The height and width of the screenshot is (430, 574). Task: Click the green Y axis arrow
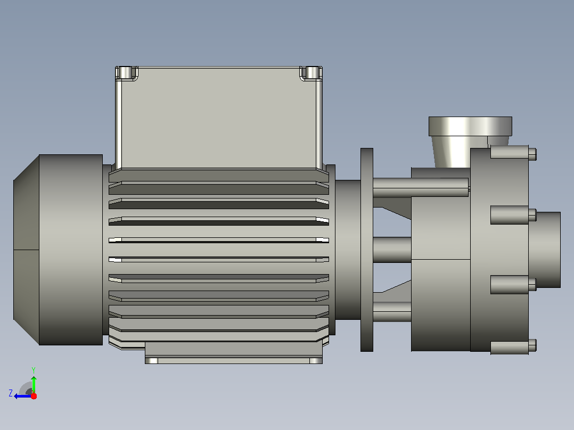[34, 384]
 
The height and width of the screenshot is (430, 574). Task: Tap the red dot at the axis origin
[34, 396]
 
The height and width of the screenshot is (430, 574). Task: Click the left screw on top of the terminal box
[125, 72]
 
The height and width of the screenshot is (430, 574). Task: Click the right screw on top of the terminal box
[312, 72]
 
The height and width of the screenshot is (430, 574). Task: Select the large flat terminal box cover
[219, 118]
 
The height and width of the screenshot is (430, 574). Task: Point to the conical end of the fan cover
[26, 250]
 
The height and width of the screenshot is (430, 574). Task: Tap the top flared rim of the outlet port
[470, 126]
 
